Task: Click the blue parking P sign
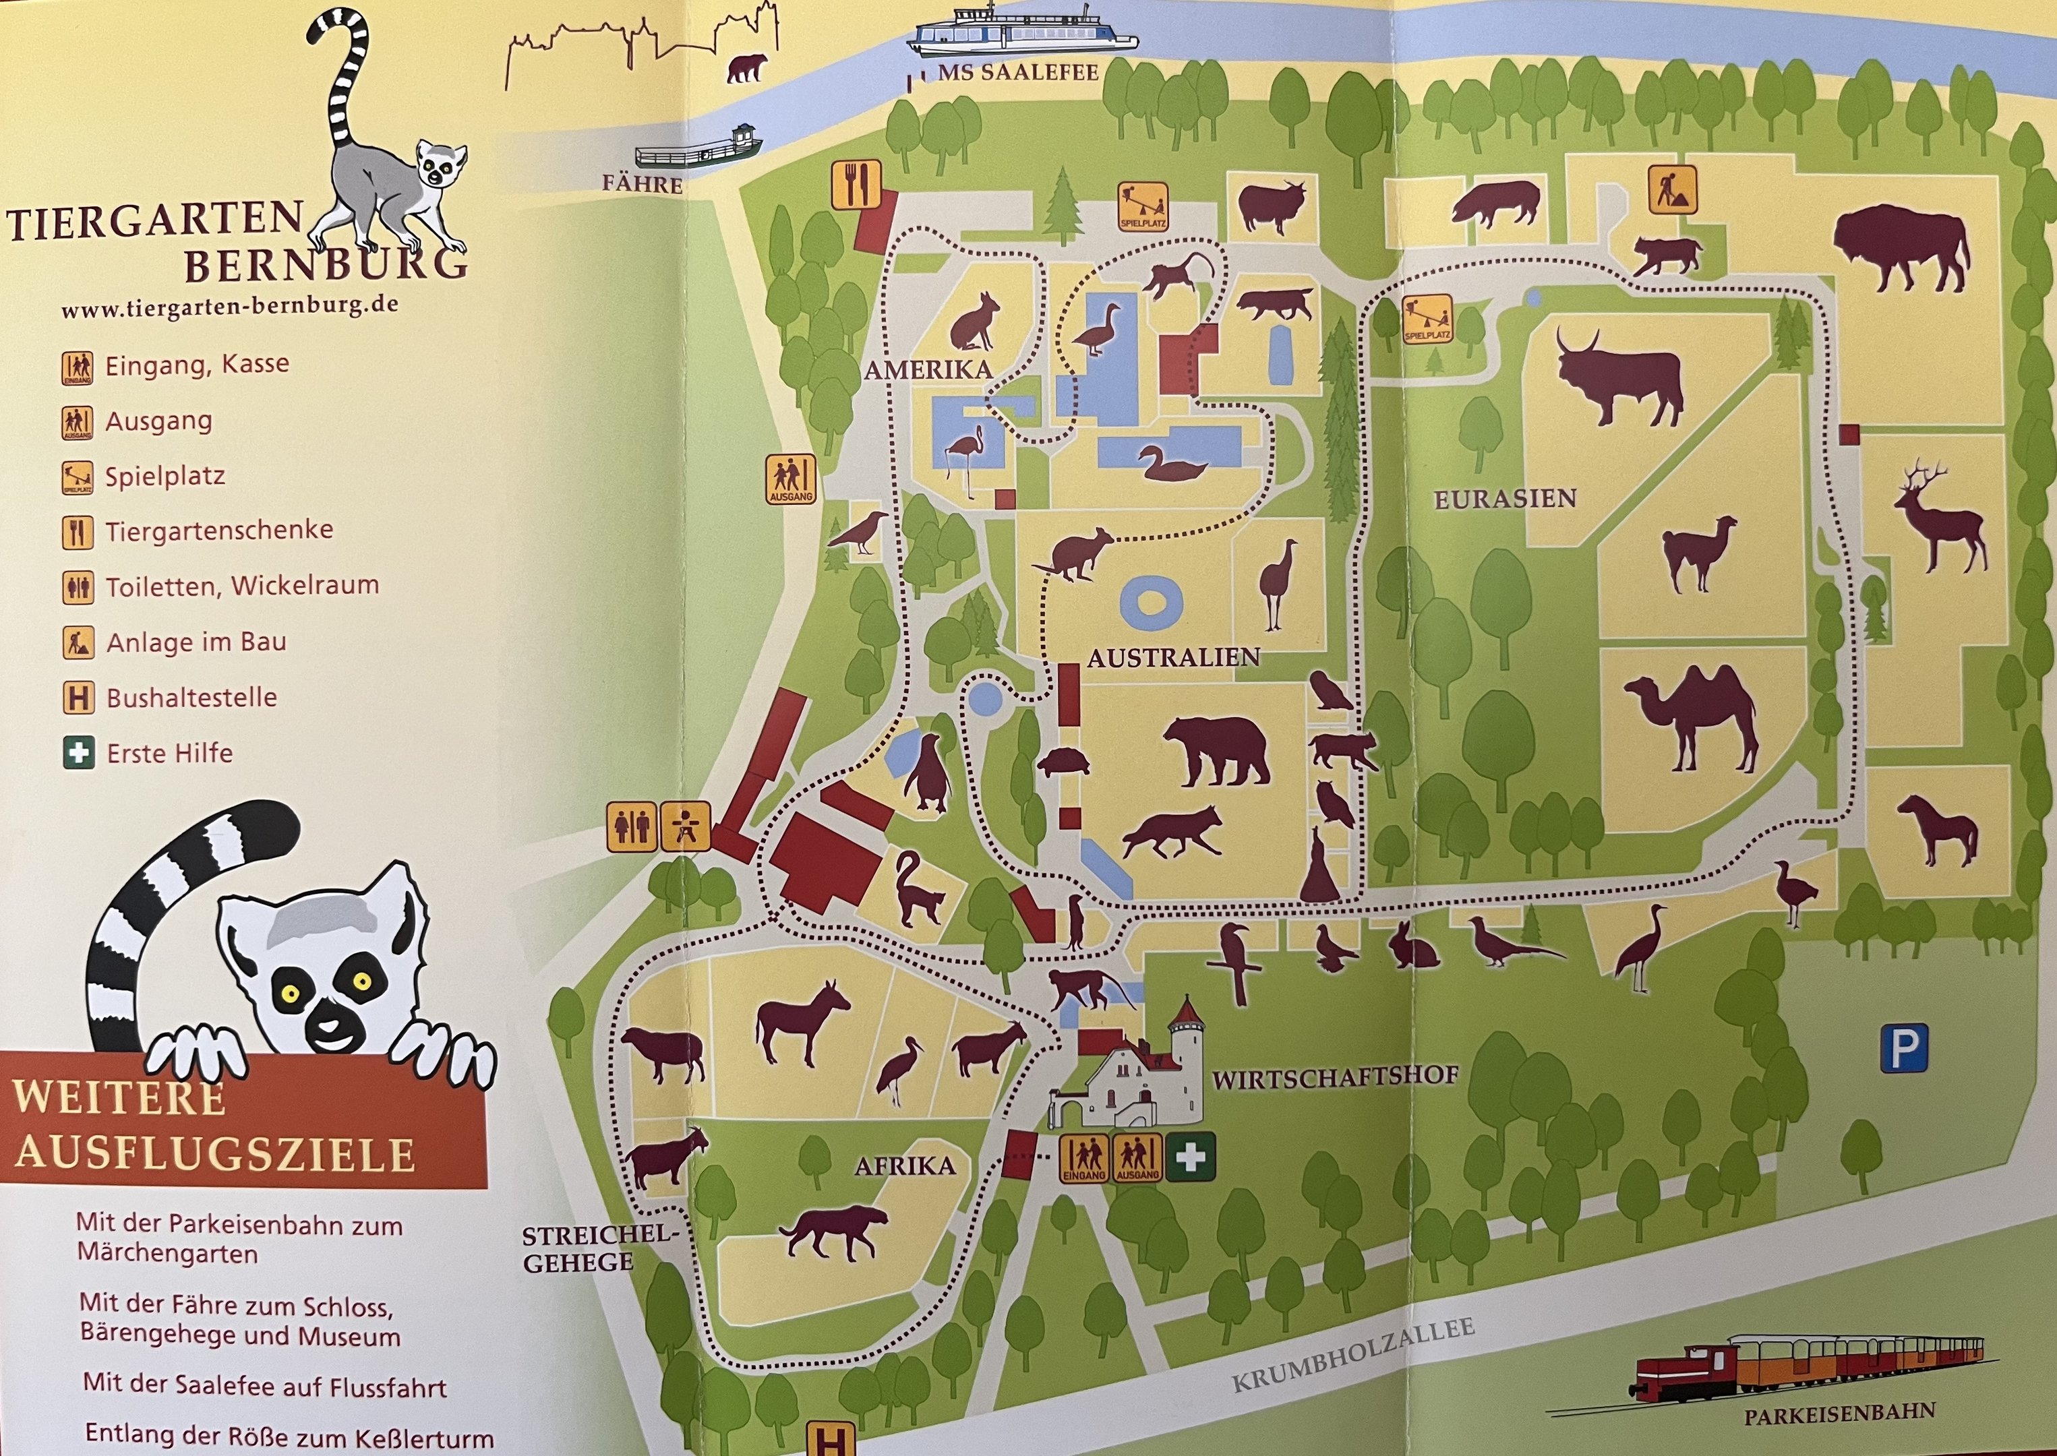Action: coord(1903,1047)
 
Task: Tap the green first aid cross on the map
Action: coord(1190,1157)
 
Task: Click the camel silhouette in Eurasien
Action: coord(1690,717)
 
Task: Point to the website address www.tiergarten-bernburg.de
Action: coord(229,307)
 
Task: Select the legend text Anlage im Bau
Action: coord(196,642)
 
